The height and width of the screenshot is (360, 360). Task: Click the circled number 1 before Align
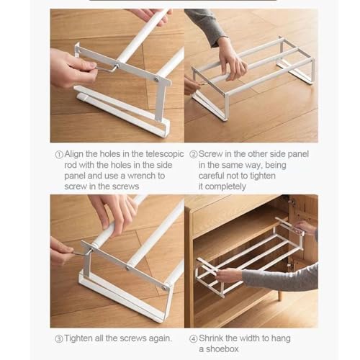pyautogui.click(x=59, y=155)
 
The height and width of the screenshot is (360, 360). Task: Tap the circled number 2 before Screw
pyautogui.click(x=193, y=154)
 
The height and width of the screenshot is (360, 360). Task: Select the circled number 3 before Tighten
pyautogui.click(x=59, y=339)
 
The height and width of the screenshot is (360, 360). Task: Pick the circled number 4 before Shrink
pyautogui.click(x=193, y=339)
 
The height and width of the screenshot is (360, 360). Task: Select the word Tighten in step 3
pyautogui.click(x=78, y=338)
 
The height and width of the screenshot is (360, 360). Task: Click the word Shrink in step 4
pyautogui.click(x=211, y=338)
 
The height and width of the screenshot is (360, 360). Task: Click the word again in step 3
pyautogui.click(x=161, y=339)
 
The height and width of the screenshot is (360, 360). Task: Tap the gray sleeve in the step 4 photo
pyautogui.click(x=280, y=276)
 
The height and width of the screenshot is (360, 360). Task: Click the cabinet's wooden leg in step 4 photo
pyautogui.click(x=279, y=295)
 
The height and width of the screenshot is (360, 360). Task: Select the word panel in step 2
pyautogui.click(x=298, y=155)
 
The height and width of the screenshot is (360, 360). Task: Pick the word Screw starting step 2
pyautogui.click(x=210, y=154)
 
